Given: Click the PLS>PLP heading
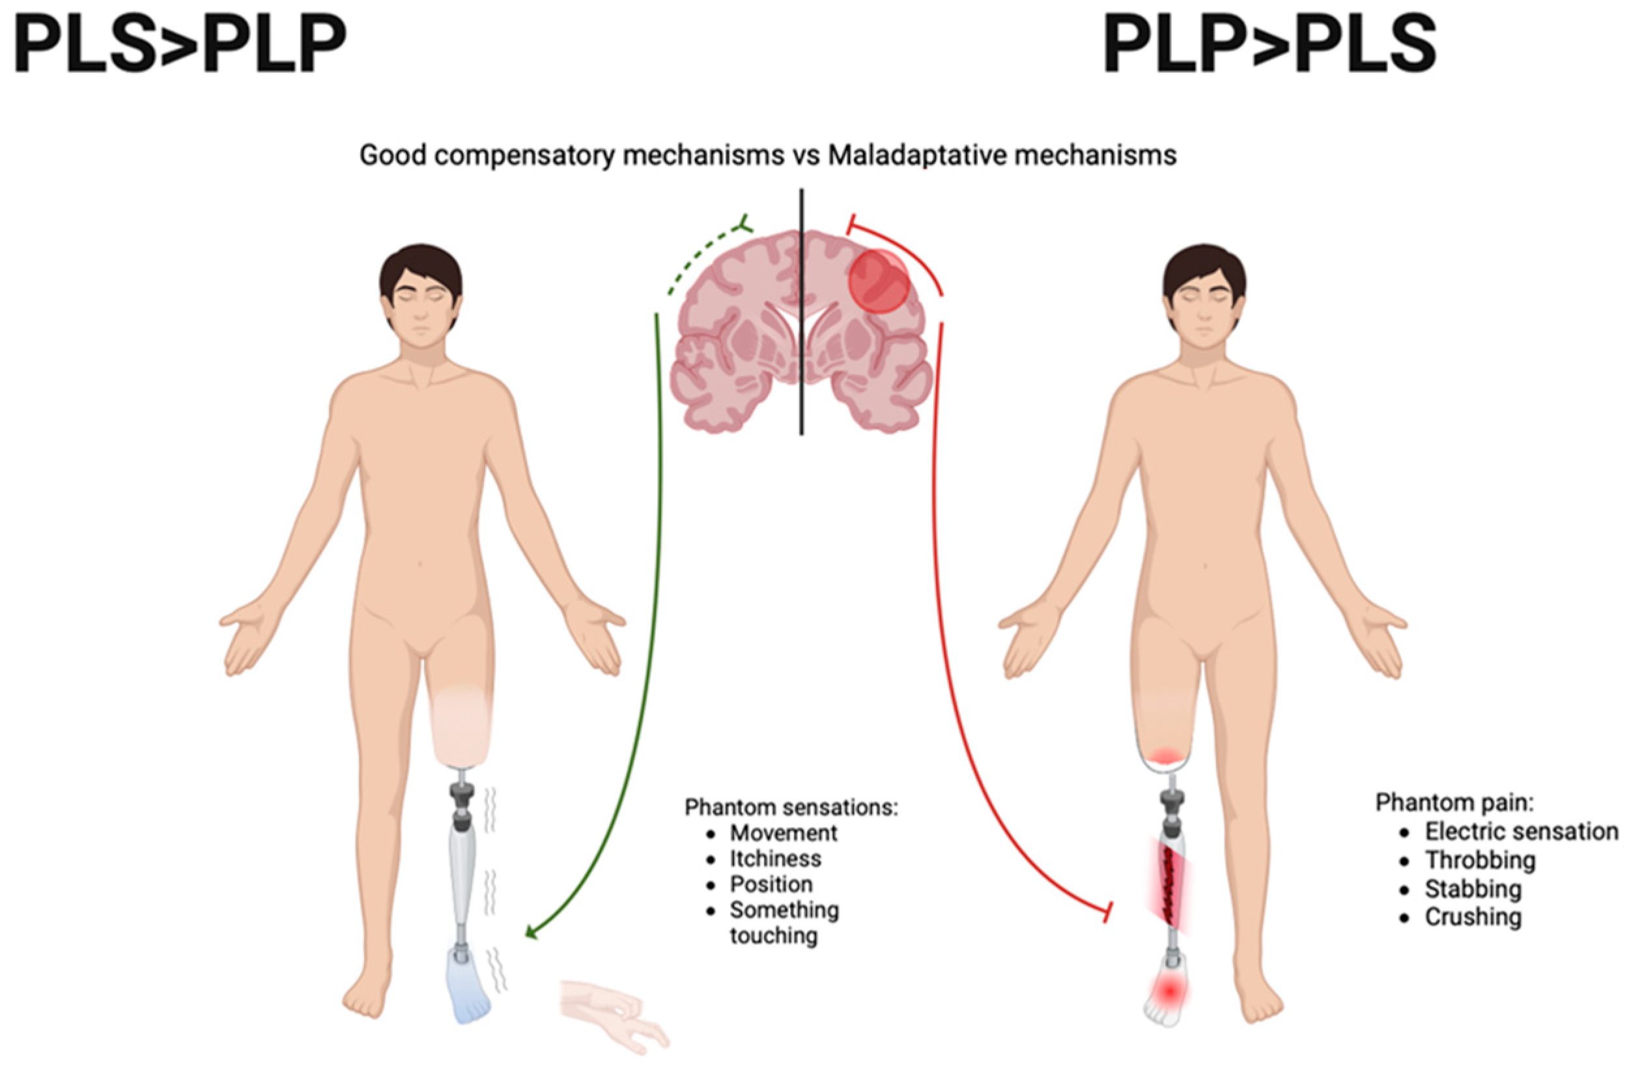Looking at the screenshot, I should click(179, 45).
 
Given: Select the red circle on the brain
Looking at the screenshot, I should click(879, 281).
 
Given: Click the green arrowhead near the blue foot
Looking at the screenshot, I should click(531, 933).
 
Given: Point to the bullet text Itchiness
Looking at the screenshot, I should click(775, 859).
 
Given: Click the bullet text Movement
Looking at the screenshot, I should click(783, 833).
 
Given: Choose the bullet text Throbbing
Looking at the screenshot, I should click(1480, 860).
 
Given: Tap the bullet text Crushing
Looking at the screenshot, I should click(1472, 917).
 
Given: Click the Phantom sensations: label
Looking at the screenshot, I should click(791, 808).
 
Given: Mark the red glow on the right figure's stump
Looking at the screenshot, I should click(1168, 755).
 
